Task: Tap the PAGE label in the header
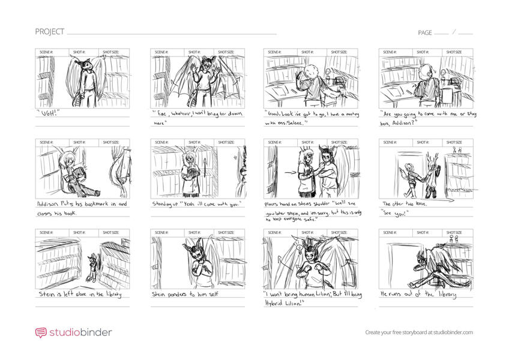pos(425,32)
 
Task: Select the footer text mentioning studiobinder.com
pos(419,332)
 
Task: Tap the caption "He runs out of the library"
pos(418,295)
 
